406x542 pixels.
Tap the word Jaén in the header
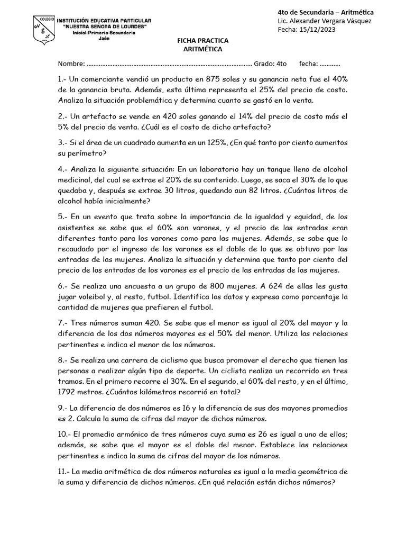click(x=104, y=39)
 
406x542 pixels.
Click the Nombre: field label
click(x=71, y=64)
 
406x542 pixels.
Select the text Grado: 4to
click(x=270, y=64)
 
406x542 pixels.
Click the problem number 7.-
click(x=63, y=322)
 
